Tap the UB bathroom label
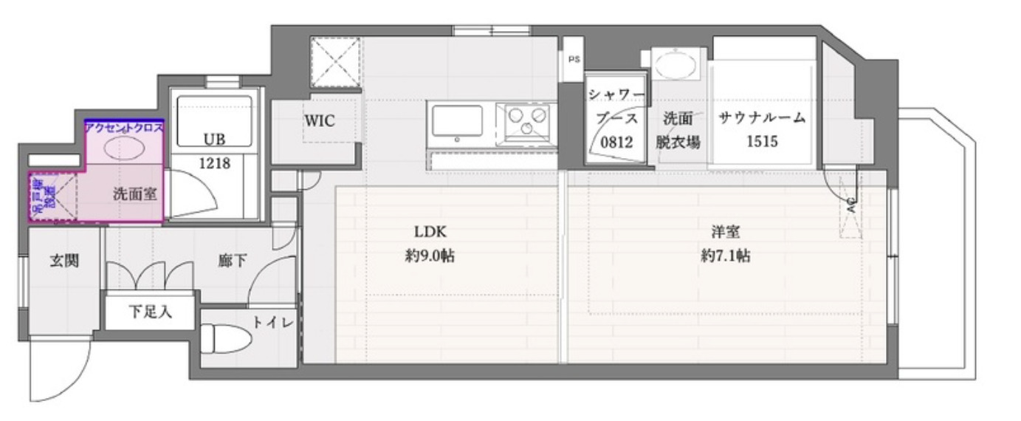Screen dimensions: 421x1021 pos(214,139)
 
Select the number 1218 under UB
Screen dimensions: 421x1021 pos(214,163)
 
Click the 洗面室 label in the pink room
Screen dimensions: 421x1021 pos(134,194)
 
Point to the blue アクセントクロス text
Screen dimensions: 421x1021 pos(124,127)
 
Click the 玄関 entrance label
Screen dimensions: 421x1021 pos(64,261)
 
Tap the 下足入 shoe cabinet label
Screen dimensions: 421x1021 pos(151,312)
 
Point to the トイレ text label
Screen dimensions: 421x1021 pos(273,322)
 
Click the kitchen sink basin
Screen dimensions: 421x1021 pos(458,121)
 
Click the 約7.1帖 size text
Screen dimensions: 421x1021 pos(726,256)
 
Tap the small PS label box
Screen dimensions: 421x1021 pos(573,59)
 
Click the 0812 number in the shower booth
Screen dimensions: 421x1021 pos(616,142)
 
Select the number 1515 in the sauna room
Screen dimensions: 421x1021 pos(761,142)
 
